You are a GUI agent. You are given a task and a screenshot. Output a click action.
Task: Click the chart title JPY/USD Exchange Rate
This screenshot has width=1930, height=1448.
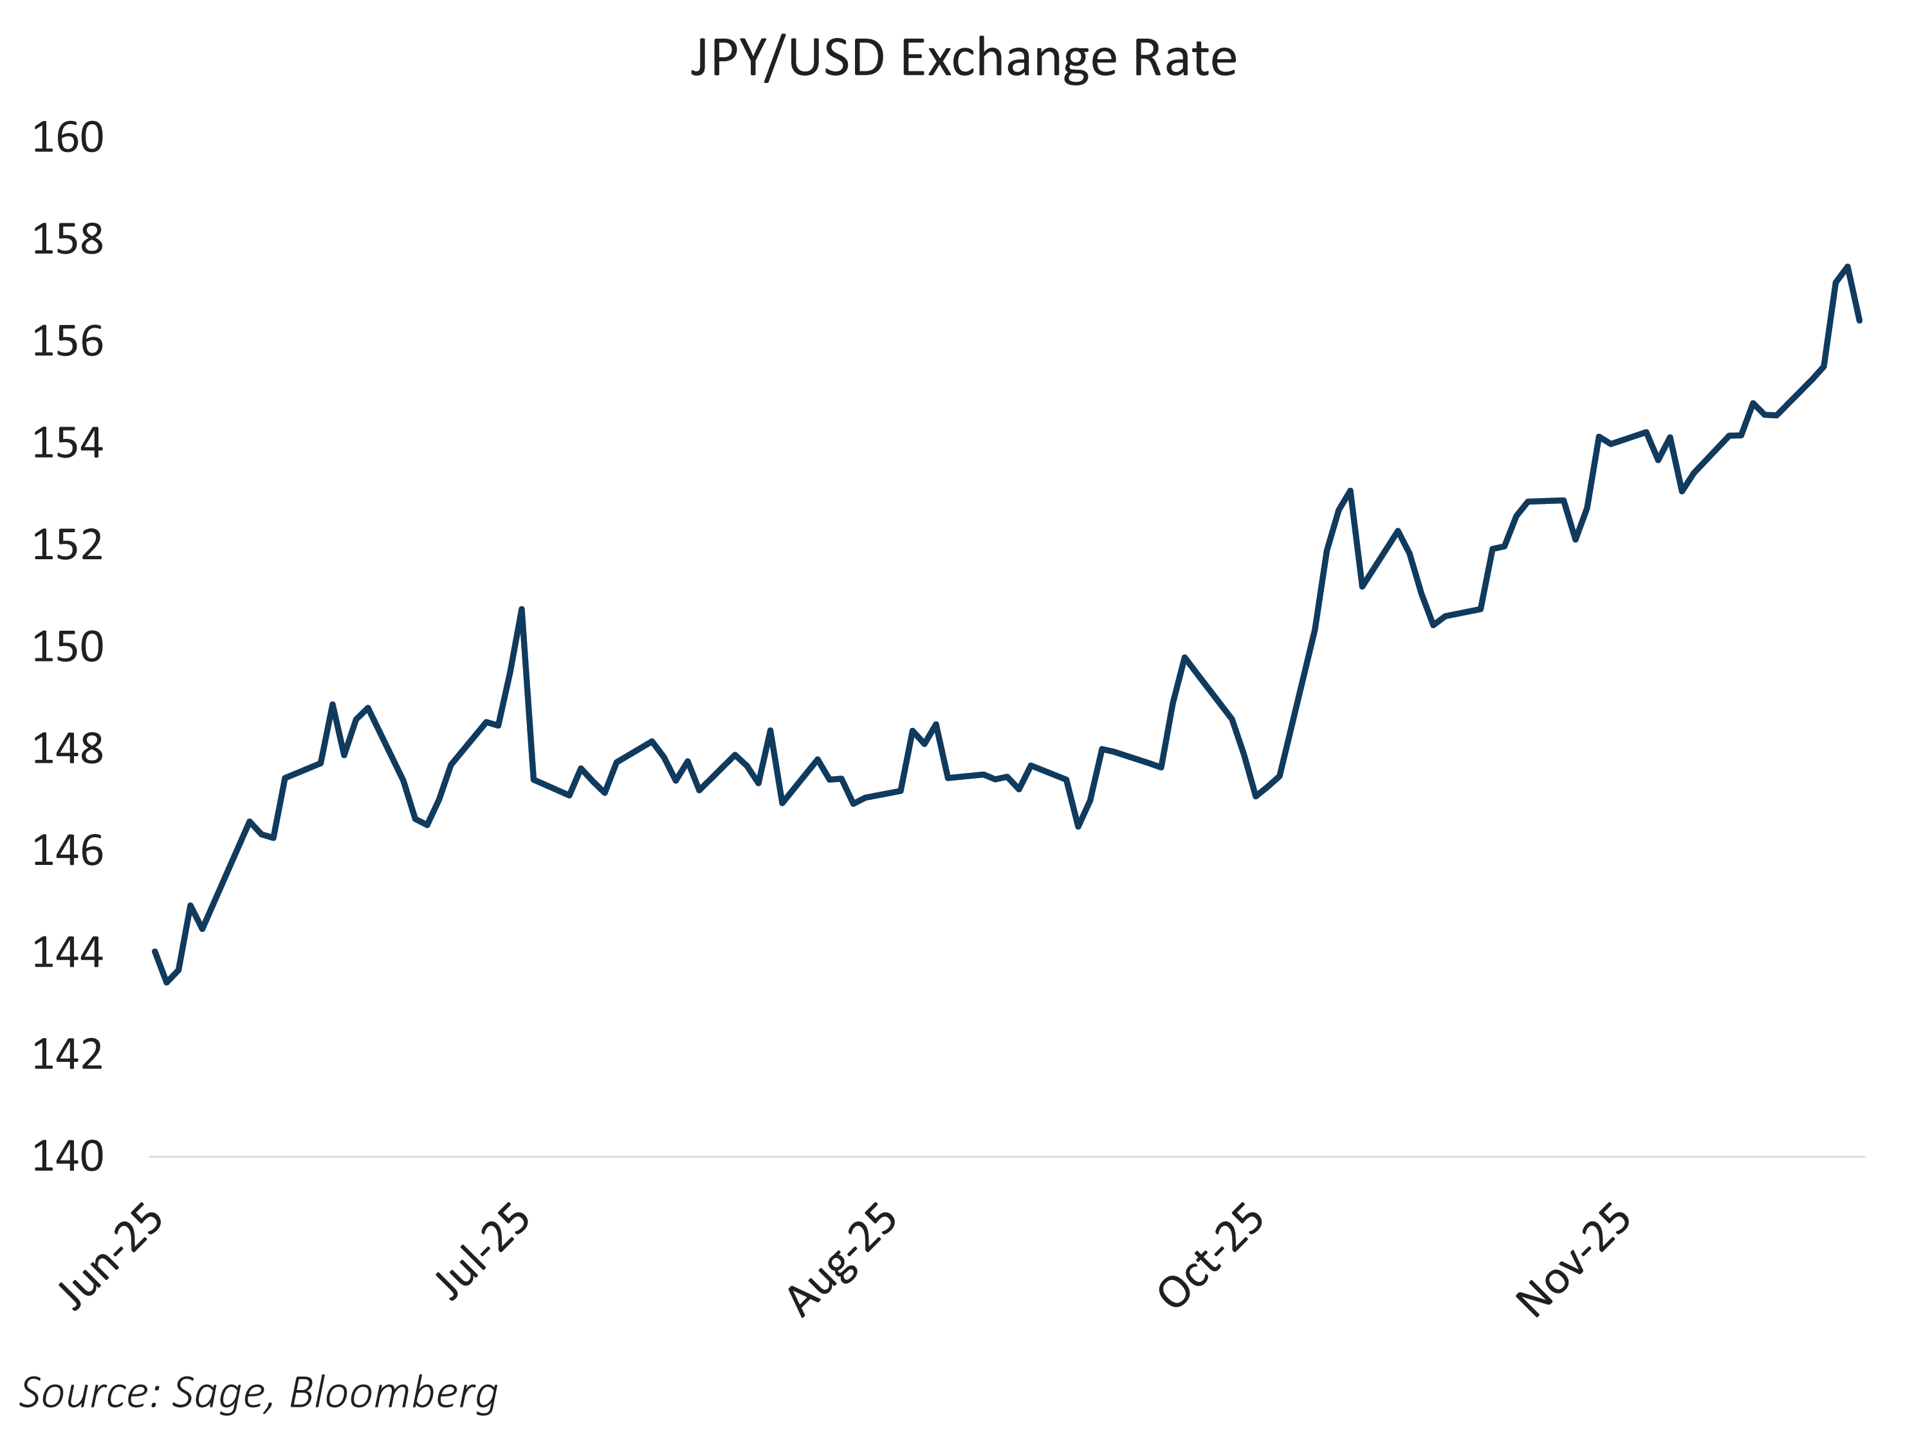(x=963, y=59)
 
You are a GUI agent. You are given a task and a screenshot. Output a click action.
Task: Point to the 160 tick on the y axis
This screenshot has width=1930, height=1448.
(x=68, y=138)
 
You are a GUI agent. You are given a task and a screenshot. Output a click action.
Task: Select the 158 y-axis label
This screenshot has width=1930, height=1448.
(x=68, y=240)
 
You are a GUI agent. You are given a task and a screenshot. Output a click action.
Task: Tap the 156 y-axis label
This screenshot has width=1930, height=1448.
(x=68, y=341)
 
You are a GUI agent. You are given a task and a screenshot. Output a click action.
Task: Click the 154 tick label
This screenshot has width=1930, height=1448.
(x=68, y=443)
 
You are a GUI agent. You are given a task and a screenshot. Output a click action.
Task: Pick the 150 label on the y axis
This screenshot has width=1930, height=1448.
(x=68, y=647)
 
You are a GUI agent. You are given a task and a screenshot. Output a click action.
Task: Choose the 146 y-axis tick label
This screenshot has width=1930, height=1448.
(x=68, y=851)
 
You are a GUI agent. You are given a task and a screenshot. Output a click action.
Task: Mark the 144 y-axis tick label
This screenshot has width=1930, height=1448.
(x=68, y=953)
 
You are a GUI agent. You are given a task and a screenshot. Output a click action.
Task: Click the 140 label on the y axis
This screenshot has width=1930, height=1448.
(x=68, y=1156)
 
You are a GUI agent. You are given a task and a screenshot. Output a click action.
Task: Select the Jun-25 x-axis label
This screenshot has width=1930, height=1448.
(x=112, y=1259)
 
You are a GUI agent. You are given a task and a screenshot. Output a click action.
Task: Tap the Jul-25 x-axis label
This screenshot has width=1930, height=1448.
(x=482, y=1254)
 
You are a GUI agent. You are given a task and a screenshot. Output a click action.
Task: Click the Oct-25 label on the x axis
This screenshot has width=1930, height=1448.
(x=1211, y=1257)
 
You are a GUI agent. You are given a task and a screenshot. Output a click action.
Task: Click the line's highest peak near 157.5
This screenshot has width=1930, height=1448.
(x=1847, y=267)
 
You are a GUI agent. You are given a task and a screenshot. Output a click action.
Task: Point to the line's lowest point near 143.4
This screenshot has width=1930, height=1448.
(x=167, y=983)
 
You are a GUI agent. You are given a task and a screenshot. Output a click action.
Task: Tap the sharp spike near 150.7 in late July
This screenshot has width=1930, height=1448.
(x=521, y=609)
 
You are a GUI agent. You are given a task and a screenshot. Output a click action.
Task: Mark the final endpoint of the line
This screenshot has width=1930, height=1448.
(x=1859, y=320)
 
